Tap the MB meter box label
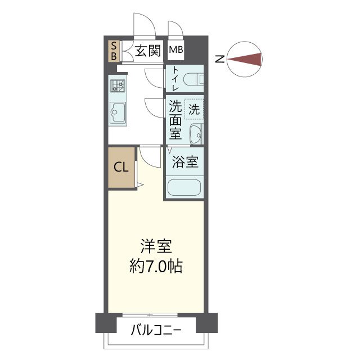[x=176, y=50]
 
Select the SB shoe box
[x=113, y=51]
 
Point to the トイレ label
[x=175, y=79]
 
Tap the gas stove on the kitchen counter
[x=117, y=85]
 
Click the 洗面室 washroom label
[x=175, y=119]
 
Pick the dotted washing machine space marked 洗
[x=194, y=109]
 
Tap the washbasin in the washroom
[x=195, y=134]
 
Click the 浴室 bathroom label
[x=184, y=163]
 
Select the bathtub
[x=184, y=187]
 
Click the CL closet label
[x=121, y=167]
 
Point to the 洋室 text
[x=156, y=247]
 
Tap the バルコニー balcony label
[x=156, y=330]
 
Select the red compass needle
[x=248, y=58]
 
